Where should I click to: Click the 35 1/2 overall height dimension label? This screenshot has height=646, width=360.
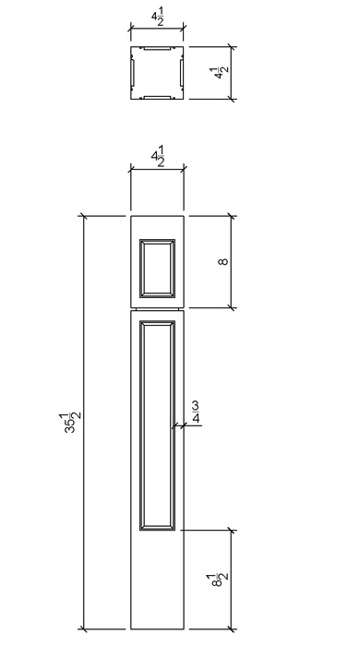coord(73,423)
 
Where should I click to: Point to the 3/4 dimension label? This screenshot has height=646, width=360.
coord(196,413)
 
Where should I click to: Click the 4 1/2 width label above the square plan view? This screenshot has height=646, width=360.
coord(157,19)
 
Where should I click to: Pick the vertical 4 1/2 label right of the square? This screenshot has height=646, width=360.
coord(220,73)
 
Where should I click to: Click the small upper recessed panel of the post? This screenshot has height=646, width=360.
coord(157,269)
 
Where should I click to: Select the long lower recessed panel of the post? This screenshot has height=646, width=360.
coord(157,425)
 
